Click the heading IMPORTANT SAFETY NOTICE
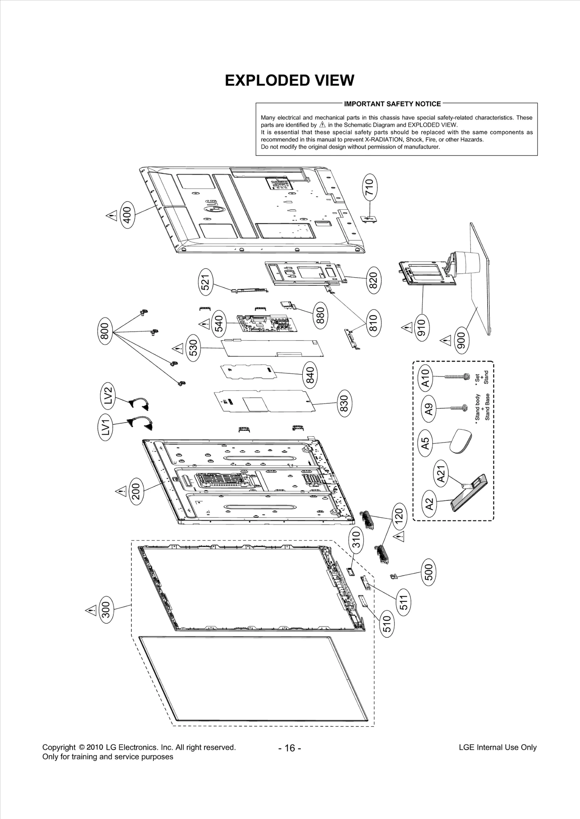click(x=392, y=104)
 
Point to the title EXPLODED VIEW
click(x=289, y=80)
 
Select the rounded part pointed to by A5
click(x=461, y=441)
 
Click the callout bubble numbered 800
click(x=104, y=331)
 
